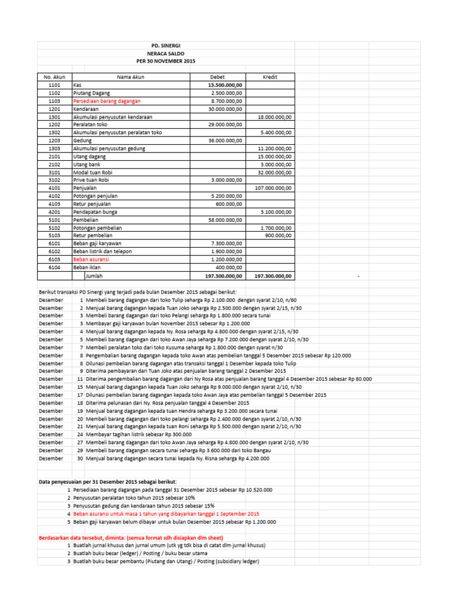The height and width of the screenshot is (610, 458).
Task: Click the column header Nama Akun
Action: (x=131, y=77)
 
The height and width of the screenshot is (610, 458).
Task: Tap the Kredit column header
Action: (x=270, y=77)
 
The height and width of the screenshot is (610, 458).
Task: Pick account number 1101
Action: (x=54, y=85)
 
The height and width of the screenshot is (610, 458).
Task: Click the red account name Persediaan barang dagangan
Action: (x=103, y=101)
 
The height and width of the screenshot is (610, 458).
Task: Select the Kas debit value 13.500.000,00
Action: (x=225, y=85)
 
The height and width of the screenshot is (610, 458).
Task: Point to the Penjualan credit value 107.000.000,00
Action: (x=273, y=188)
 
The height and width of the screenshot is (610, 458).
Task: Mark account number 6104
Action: (x=54, y=267)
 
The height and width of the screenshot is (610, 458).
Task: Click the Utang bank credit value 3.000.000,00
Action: (x=276, y=164)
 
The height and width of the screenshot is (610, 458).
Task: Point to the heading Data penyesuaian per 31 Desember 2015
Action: (x=107, y=481)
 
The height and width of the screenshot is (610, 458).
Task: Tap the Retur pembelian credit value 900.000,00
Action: (x=278, y=235)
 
